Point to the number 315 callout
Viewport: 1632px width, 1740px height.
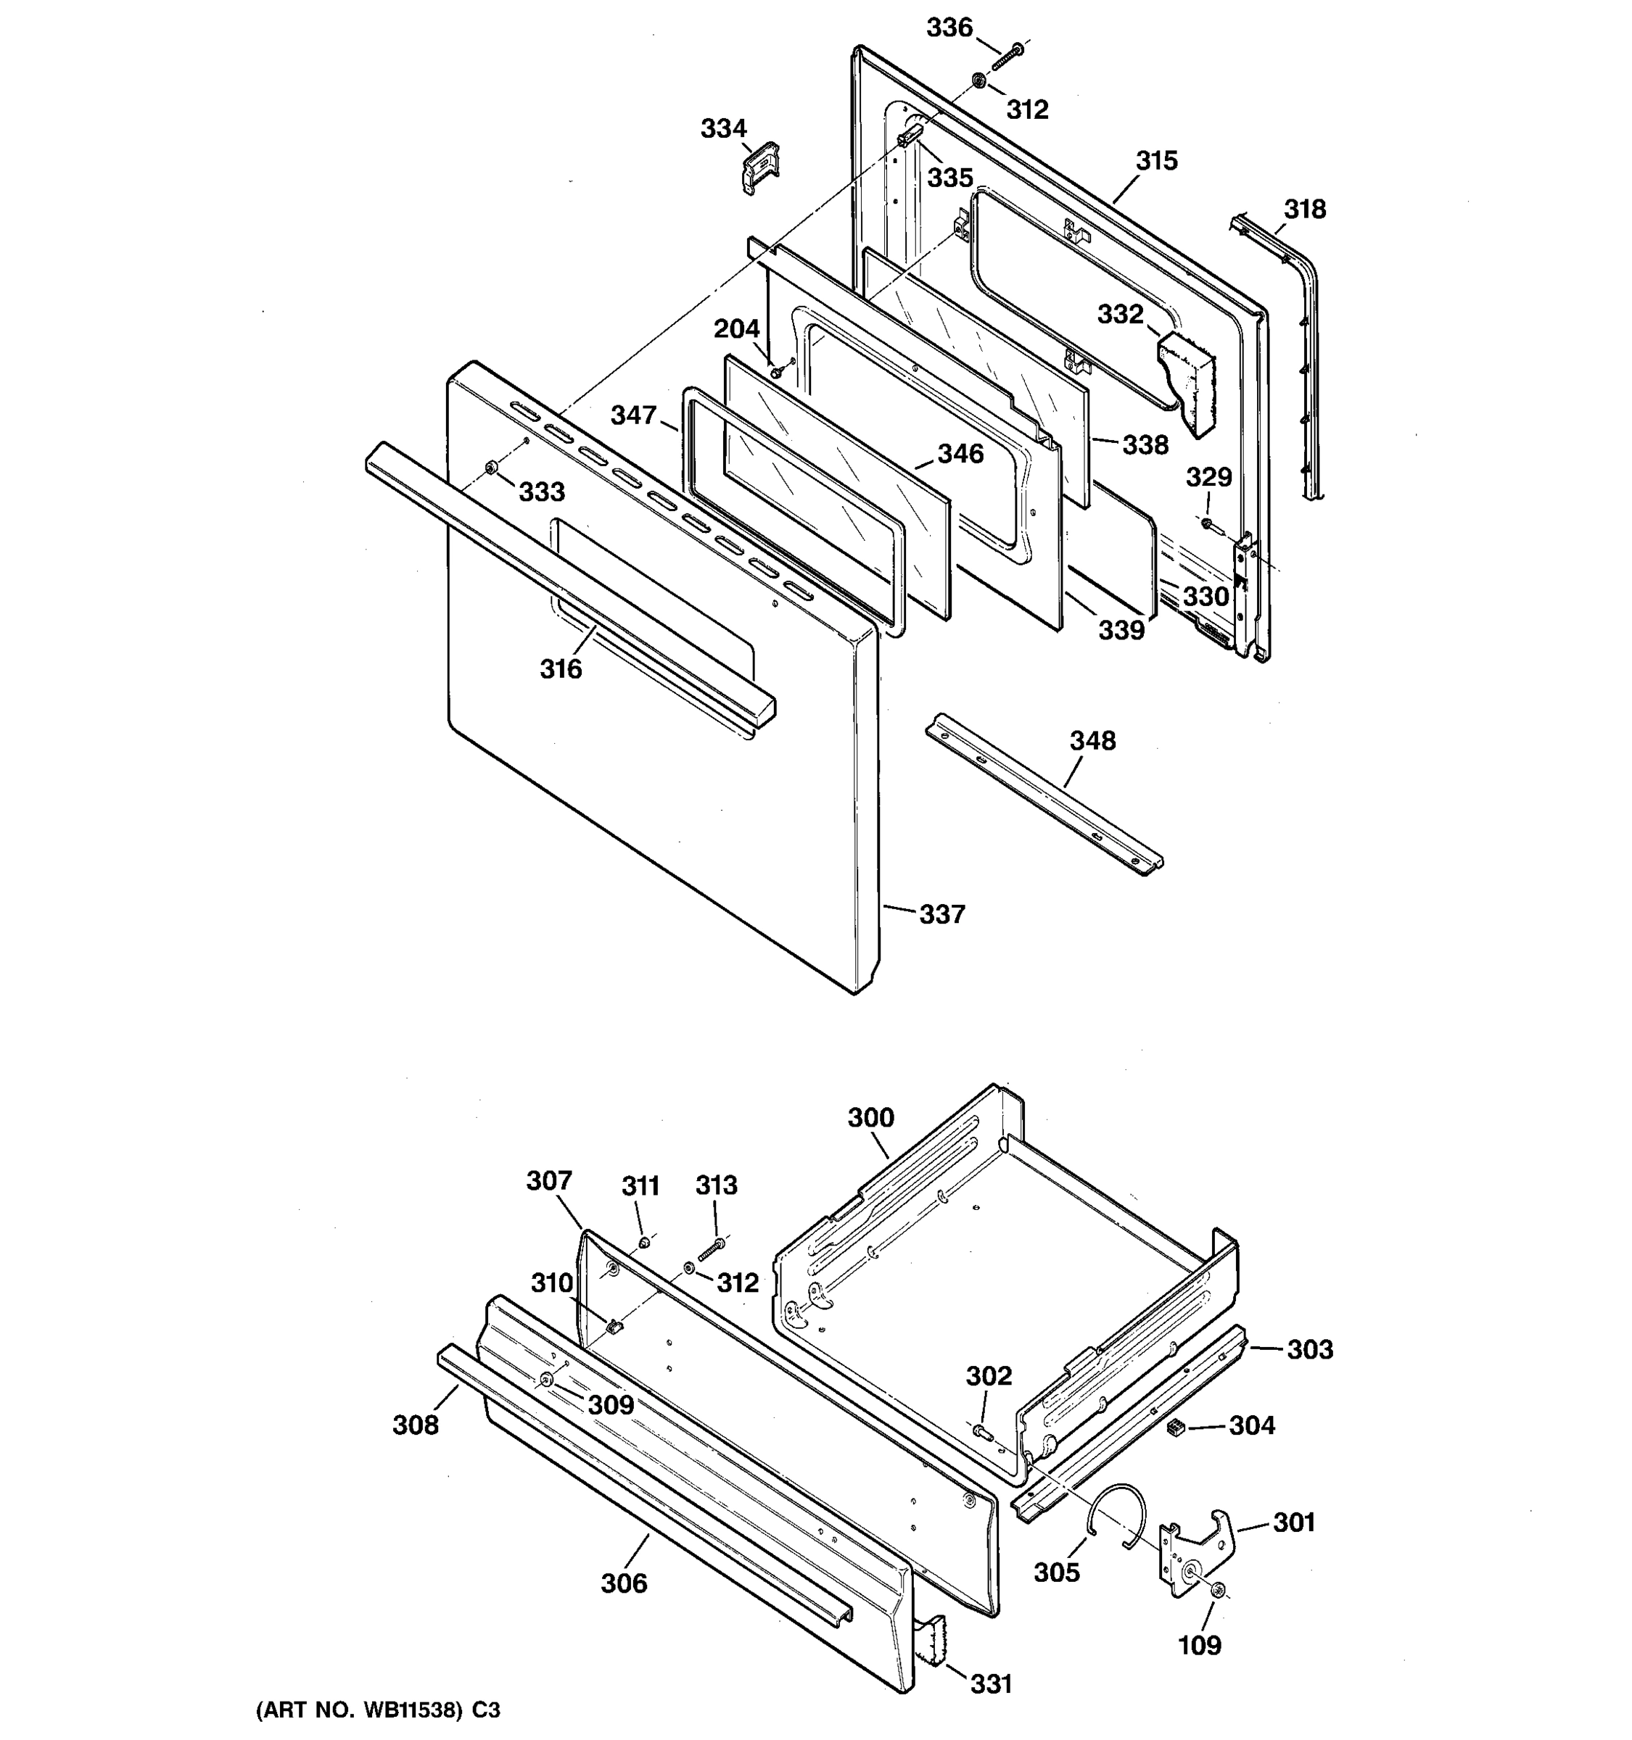pos(1157,161)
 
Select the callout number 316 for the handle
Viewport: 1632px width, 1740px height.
pos(561,670)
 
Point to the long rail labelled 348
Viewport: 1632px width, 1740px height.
pos(1042,792)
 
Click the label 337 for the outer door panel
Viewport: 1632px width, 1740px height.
pos(941,915)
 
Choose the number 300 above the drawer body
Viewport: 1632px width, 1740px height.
pos(870,1118)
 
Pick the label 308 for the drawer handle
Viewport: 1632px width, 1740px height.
pos(415,1426)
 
